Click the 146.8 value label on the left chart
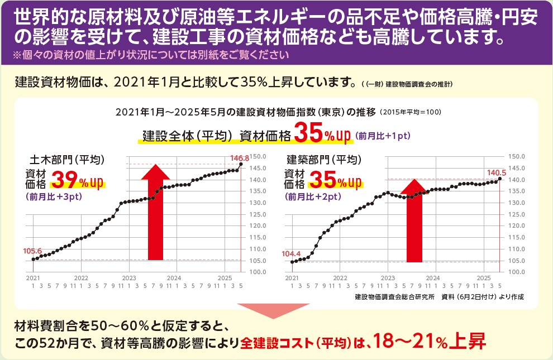tap(240, 159)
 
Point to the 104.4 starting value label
tap(291, 253)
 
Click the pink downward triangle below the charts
tap(276, 311)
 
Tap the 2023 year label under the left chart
tap(129, 277)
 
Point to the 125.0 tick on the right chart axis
tap(517, 214)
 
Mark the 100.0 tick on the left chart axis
tap(258, 272)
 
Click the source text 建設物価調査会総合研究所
tap(394, 296)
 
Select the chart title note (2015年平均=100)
tap(411, 112)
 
